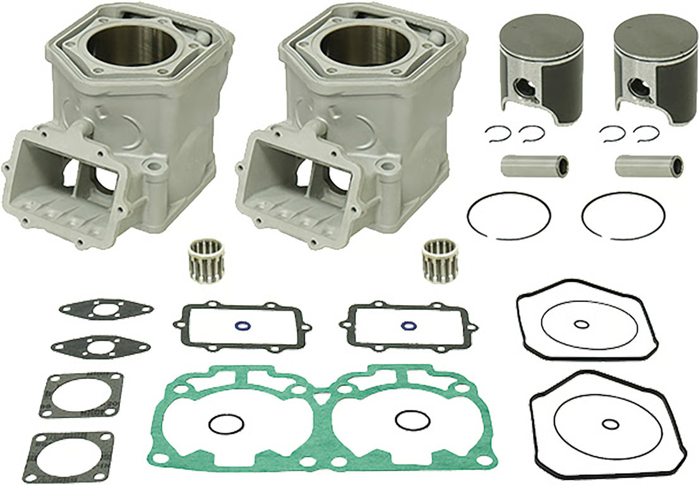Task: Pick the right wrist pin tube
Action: (x=648, y=165)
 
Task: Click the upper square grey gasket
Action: (x=81, y=395)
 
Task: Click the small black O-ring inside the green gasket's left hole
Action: (x=225, y=423)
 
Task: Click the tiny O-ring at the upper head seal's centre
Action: (x=581, y=325)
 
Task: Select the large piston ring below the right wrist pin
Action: (x=624, y=216)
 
